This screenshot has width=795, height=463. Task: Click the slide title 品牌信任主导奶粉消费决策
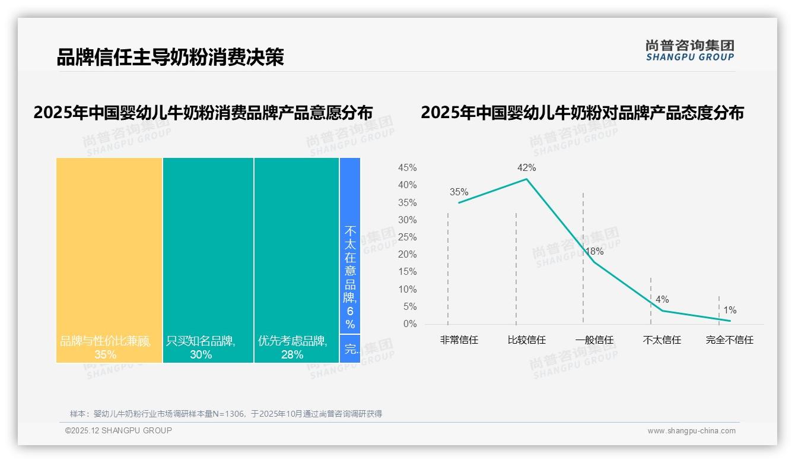[x=170, y=57]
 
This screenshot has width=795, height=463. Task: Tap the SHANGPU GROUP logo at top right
[x=689, y=50]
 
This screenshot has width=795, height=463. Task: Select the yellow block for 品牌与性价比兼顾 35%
[x=109, y=260]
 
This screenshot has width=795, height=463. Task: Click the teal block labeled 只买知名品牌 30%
[x=208, y=260]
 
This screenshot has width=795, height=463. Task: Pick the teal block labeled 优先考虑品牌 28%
[x=296, y=260]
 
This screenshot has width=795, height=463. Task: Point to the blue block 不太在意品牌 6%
[x=350, y=246]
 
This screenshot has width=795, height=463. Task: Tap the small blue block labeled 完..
[x=350, y=349]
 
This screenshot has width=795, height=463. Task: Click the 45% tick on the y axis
[x=407, y=168]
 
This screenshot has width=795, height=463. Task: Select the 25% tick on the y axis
[x=407, y=237]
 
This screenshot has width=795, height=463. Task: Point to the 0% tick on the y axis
[x=410, y=324]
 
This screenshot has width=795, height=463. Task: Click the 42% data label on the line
[x=526, y=168]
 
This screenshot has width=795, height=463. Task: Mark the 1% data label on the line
[x=730, y=310]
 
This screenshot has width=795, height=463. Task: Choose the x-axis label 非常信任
[x=459, y=340]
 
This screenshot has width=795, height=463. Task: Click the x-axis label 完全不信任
[x=729, y=340]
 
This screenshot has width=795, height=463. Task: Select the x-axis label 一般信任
[x=594, y=340]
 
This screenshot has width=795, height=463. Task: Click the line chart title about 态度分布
[x=582, y=113]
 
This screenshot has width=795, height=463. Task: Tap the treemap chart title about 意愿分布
[x=203, y=113]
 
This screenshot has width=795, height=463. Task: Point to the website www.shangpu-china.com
[x=691, y=431]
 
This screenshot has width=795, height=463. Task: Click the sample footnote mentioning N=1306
[x=226, y=414]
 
